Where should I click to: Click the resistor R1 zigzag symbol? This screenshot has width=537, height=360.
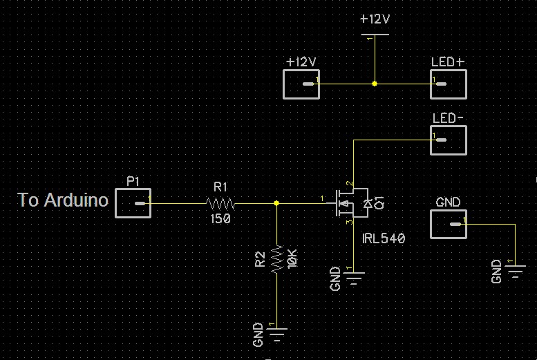220,204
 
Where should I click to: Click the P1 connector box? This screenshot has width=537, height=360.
133,204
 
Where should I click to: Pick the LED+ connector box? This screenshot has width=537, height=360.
448,84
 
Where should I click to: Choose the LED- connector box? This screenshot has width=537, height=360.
448,140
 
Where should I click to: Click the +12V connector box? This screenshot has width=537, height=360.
301,84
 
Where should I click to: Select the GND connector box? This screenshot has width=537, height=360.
448,224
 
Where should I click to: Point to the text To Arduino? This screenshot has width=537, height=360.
63,200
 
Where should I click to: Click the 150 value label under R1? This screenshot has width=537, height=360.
220,219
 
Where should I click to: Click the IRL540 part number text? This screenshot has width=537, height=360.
384,238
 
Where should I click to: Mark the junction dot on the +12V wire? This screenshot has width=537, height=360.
375,84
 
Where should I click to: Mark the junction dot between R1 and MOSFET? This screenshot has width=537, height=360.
276,203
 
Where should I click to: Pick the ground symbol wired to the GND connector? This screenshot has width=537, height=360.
515,269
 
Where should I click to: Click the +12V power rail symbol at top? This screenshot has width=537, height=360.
375,35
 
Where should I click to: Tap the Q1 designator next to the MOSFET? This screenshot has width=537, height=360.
379,202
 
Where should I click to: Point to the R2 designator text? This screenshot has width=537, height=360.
260,259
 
